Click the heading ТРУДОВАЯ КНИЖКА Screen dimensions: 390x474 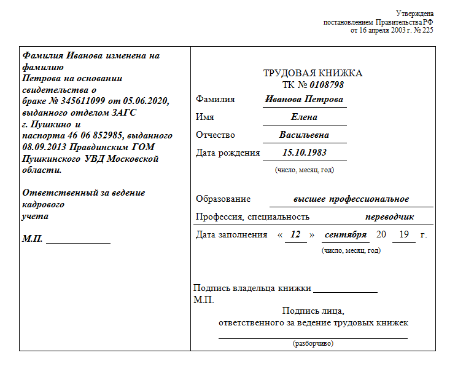pyautogui.click(x=313, y=73)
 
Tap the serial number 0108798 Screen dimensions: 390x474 pyautogui.click(x=327, y=84)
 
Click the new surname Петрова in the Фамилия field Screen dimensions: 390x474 pyautogui.click(x=323, y=100)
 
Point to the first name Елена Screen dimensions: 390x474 pyautogui.click(x=304, y=117)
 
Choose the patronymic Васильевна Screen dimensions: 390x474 pyautogui.click(x=304, y=135)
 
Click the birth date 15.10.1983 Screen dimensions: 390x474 pyautogui.click(x=304, y=153)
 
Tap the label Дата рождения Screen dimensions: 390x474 pyautogui.click(x=227, y=153)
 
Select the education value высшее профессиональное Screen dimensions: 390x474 pyautogui.click(x=351, y=199)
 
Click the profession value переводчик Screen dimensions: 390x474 pyautogui.click(x=389, y=217)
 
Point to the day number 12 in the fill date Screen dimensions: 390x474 pyautogui.click(x=295, y=235)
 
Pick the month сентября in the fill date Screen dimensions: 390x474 pyautogui.click(x=345, y=235)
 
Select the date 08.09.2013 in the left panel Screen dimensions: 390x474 pyautogui.click(x=44, y=147)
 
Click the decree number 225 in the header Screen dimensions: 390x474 pyautogui.click(x=427, y=30)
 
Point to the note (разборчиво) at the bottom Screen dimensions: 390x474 pyautogui.click(x=313, y=343)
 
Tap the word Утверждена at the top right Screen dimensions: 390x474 pyautogui.click(x=415, y=14)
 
